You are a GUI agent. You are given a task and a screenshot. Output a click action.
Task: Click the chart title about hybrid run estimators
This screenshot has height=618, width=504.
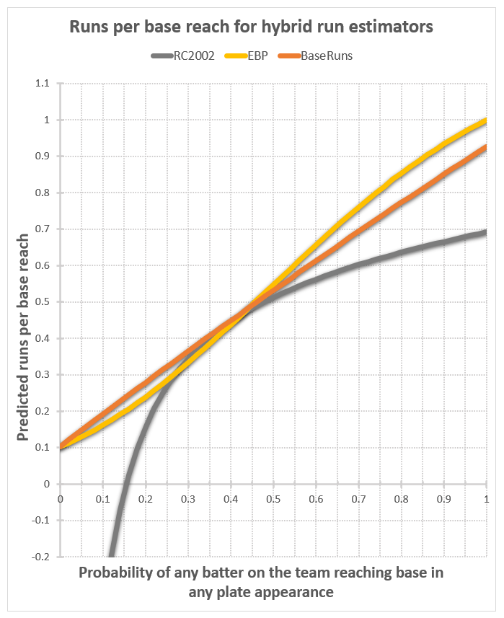coord(250,27)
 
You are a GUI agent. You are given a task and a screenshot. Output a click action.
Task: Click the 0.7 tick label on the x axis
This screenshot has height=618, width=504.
coord(358,499)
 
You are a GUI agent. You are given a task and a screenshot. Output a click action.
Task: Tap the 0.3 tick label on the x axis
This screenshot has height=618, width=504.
coord(187,499)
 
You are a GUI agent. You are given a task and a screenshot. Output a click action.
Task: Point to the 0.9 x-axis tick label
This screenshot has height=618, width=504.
coord(443,499)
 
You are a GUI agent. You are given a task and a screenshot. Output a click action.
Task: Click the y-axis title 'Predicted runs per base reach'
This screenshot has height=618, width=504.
coord(23,338)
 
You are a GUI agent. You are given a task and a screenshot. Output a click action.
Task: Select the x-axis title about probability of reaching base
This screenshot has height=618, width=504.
coord(261,583)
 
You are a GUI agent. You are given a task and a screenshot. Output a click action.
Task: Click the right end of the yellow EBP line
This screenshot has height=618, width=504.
coord(486,120)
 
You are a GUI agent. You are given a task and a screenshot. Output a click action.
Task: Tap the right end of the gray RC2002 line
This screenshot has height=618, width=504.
coord(486,231)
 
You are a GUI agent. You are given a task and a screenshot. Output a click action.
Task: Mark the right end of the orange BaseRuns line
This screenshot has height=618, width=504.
coord(486,147)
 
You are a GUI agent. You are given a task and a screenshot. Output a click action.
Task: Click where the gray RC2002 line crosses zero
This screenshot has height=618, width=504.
coord(124,484)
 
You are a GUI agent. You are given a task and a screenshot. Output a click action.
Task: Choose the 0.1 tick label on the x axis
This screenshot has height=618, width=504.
coord(102,499)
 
